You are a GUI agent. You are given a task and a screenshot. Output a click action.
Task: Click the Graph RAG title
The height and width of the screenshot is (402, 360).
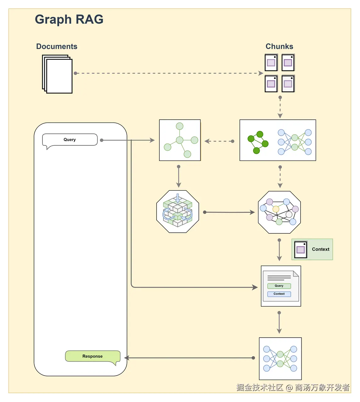[69, 20]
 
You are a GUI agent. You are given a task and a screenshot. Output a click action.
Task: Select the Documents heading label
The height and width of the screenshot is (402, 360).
[57, 46]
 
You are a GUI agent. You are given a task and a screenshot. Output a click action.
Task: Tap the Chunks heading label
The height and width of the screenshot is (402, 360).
[279, 46]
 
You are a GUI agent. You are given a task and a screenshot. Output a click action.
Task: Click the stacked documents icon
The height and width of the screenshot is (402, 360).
[57, 74]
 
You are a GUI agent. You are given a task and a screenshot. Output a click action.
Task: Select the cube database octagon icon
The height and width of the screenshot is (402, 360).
[178, 211]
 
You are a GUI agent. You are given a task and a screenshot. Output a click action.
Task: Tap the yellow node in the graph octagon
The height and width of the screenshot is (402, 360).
[276, 209]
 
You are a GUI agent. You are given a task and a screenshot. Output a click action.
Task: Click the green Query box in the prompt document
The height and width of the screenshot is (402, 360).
[279, 286]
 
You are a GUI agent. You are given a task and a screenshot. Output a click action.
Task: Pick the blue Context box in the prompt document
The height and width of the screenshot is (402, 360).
[279, 294]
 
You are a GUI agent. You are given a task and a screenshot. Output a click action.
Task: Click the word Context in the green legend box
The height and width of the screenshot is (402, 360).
[320, 249]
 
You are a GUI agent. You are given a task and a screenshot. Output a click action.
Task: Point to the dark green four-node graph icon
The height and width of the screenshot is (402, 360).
[258, 142]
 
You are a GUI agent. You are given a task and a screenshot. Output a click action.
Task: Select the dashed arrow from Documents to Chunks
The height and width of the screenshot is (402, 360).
[169, 73]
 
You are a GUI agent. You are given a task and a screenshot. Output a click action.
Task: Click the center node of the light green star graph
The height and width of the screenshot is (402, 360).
[180, 140]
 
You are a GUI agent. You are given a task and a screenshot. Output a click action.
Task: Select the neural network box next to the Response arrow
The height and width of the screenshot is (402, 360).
[280, 359]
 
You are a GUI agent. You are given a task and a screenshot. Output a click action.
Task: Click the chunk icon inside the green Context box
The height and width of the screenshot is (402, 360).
[301, 249]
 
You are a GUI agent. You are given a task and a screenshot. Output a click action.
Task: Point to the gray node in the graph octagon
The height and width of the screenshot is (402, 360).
[289, 215]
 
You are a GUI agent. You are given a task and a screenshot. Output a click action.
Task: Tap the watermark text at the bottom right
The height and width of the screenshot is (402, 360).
[293, 387]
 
